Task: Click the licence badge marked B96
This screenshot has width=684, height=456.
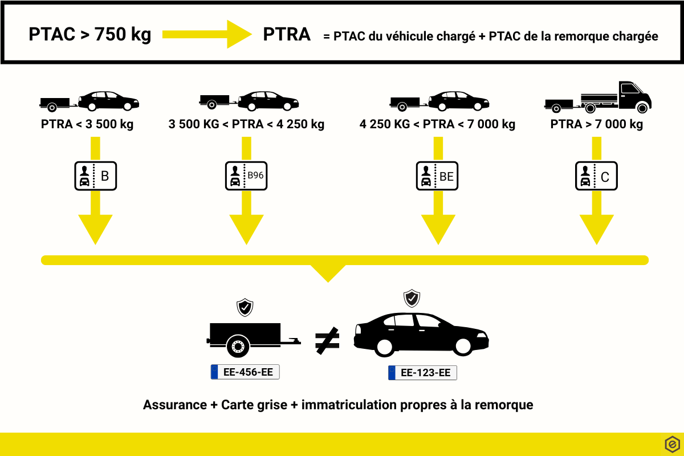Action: tap(246, 176)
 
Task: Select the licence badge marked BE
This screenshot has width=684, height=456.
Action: tap(437, 176)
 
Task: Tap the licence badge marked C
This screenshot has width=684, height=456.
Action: tap(596, 176)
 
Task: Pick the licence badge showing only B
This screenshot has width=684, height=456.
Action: tap(95, 176)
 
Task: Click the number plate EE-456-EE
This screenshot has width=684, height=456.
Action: tap(245, 372)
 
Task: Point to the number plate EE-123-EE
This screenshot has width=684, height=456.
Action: tap(422, 373)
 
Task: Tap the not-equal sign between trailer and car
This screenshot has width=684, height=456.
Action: tap(327, 340)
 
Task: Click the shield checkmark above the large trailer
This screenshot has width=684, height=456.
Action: tap(245, 307)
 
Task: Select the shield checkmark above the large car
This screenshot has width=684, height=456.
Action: tap(412, 298)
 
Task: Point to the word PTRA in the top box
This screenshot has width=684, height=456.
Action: tap(287, 35)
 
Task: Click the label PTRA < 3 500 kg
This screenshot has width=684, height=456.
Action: tap(87, 124)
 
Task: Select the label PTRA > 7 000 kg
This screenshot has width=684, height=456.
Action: tap(596, 124)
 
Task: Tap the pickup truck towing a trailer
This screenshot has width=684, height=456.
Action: tap(598, 97)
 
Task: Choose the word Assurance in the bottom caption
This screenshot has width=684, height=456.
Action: tap(175, 405)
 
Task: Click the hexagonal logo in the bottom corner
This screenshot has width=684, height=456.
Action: tap(672, 444)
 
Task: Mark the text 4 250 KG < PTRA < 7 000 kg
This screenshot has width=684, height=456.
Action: tap(437, 124)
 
